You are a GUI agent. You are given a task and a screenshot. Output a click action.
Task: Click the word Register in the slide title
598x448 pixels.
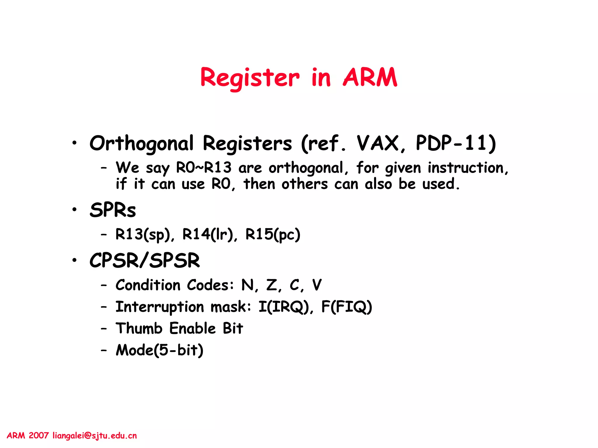coord(250,78)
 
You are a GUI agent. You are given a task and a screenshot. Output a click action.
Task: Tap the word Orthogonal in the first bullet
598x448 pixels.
coord(141,143)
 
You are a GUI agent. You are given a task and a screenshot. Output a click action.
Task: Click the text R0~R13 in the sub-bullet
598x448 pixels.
coord(204,168)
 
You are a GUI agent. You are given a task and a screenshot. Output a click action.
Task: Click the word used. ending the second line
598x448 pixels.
coord(441,184)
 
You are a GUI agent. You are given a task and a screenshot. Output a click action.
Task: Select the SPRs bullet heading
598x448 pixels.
coord(113,210)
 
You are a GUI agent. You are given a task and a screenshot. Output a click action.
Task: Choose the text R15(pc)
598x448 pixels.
coord(273,235)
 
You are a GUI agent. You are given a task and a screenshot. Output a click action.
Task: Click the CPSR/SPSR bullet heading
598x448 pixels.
coord(145,260)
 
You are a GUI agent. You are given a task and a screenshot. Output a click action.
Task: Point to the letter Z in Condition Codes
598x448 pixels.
coord(272,285)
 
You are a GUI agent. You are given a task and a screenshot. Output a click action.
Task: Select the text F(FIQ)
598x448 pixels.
coord(347,307)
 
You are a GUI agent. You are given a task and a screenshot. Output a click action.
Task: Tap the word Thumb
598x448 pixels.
coord(139,328)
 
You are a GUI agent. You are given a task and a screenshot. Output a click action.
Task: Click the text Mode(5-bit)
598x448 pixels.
coord(159,350)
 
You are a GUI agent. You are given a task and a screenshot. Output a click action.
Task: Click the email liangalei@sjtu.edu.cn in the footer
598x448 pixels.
coord(95,436)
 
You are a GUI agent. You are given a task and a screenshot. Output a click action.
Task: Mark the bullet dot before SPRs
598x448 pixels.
coord(75,209)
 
